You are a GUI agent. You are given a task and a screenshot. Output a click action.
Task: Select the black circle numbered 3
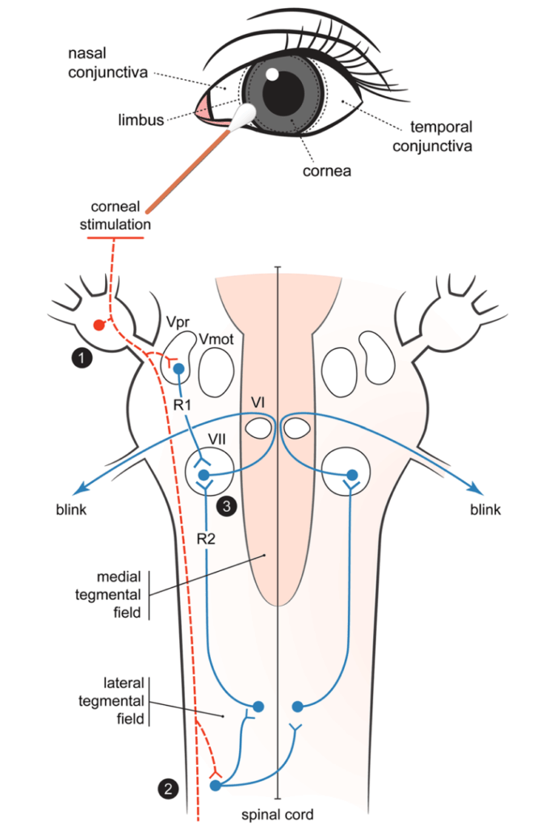[228, 507]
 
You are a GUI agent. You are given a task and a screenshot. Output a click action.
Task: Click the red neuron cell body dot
[99, 325]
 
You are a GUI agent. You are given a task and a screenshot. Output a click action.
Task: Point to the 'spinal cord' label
[277, 814]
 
